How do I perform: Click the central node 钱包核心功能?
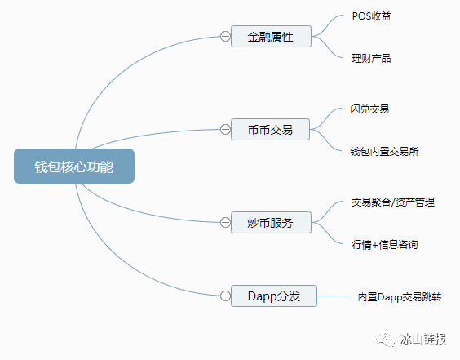pos(73,167)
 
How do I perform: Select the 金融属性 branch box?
pos(271,36)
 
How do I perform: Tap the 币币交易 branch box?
pos(271,128)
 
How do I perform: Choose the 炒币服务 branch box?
pos(271,222)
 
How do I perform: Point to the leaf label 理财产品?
pos(371,58)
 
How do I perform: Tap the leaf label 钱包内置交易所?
pos(385,151)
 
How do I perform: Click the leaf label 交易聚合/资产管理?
pos(392,202)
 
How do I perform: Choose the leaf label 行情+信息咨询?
pos(385,244)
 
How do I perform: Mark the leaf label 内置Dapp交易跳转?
pos(399,297)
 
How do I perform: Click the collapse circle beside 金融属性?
pos(224,36)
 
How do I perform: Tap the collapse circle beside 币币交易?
pos(224,128)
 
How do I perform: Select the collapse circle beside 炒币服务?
pos(224,222)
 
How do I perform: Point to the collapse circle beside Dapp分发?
pos(224,296)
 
